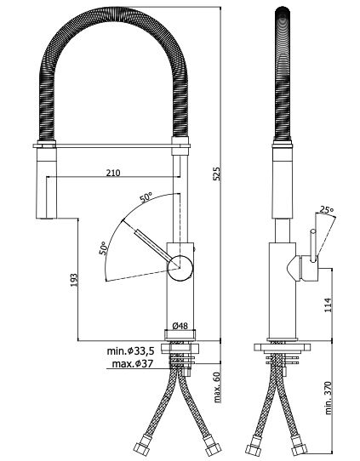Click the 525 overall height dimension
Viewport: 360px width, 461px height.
pos(216,174)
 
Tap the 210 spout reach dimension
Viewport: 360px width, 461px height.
pos(113,173)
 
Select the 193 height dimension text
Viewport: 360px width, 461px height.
pos(74,280)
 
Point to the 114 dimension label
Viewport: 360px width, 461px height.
pos(328,304)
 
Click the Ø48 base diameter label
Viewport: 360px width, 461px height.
pos(180,326)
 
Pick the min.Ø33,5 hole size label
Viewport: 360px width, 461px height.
pos(130,350)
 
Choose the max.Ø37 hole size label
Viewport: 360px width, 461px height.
pos(133,364)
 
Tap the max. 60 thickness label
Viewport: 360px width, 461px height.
pos(217,387)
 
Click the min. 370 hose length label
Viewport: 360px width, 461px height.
pos(329,398)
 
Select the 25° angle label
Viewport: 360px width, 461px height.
pos(327,210)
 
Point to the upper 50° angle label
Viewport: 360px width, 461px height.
pos(146,197)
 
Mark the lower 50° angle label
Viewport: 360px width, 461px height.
pos(103,248)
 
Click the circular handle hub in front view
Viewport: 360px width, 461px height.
pos(180,268)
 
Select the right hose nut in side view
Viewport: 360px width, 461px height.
pos(300,447)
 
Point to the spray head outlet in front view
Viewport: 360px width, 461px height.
pos(46,218)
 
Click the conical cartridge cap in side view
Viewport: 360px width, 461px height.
pos(293,268)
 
